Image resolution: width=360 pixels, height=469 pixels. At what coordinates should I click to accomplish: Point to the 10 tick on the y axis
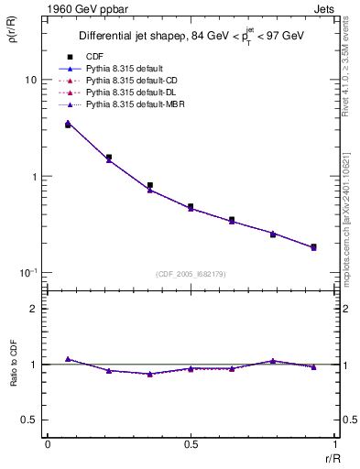click(x=30, y=80)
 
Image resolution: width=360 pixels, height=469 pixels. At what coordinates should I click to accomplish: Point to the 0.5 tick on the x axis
click(x=191, y=446)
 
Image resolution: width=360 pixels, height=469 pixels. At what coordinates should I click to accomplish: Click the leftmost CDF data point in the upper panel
click(x=68, y=125)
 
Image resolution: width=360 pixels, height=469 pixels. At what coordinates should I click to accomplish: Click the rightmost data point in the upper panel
click(x=313, y=247)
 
